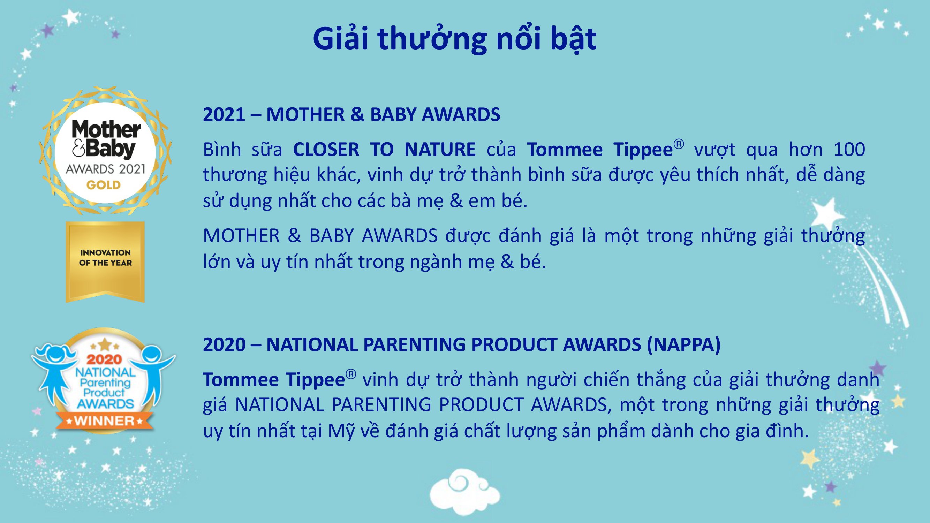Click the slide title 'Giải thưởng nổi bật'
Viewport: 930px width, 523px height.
(454, 39)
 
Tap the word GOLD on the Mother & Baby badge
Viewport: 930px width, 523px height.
(103, 185)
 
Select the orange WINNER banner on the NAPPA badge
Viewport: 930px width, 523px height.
(105, 421)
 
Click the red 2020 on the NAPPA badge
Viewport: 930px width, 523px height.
(104, 359)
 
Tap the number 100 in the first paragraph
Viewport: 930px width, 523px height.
(849, 150)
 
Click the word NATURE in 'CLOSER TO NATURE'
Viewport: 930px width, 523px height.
(440, 150)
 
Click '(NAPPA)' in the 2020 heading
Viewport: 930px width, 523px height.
(683, 344)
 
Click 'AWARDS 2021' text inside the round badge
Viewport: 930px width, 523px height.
(105, 169)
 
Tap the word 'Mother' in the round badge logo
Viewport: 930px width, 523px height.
(106, 129)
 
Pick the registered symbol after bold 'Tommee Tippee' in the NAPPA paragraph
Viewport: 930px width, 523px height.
(350, 374)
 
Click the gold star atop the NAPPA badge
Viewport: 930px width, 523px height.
(104, 344)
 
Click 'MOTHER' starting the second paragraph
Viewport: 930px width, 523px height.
(241, 236)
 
